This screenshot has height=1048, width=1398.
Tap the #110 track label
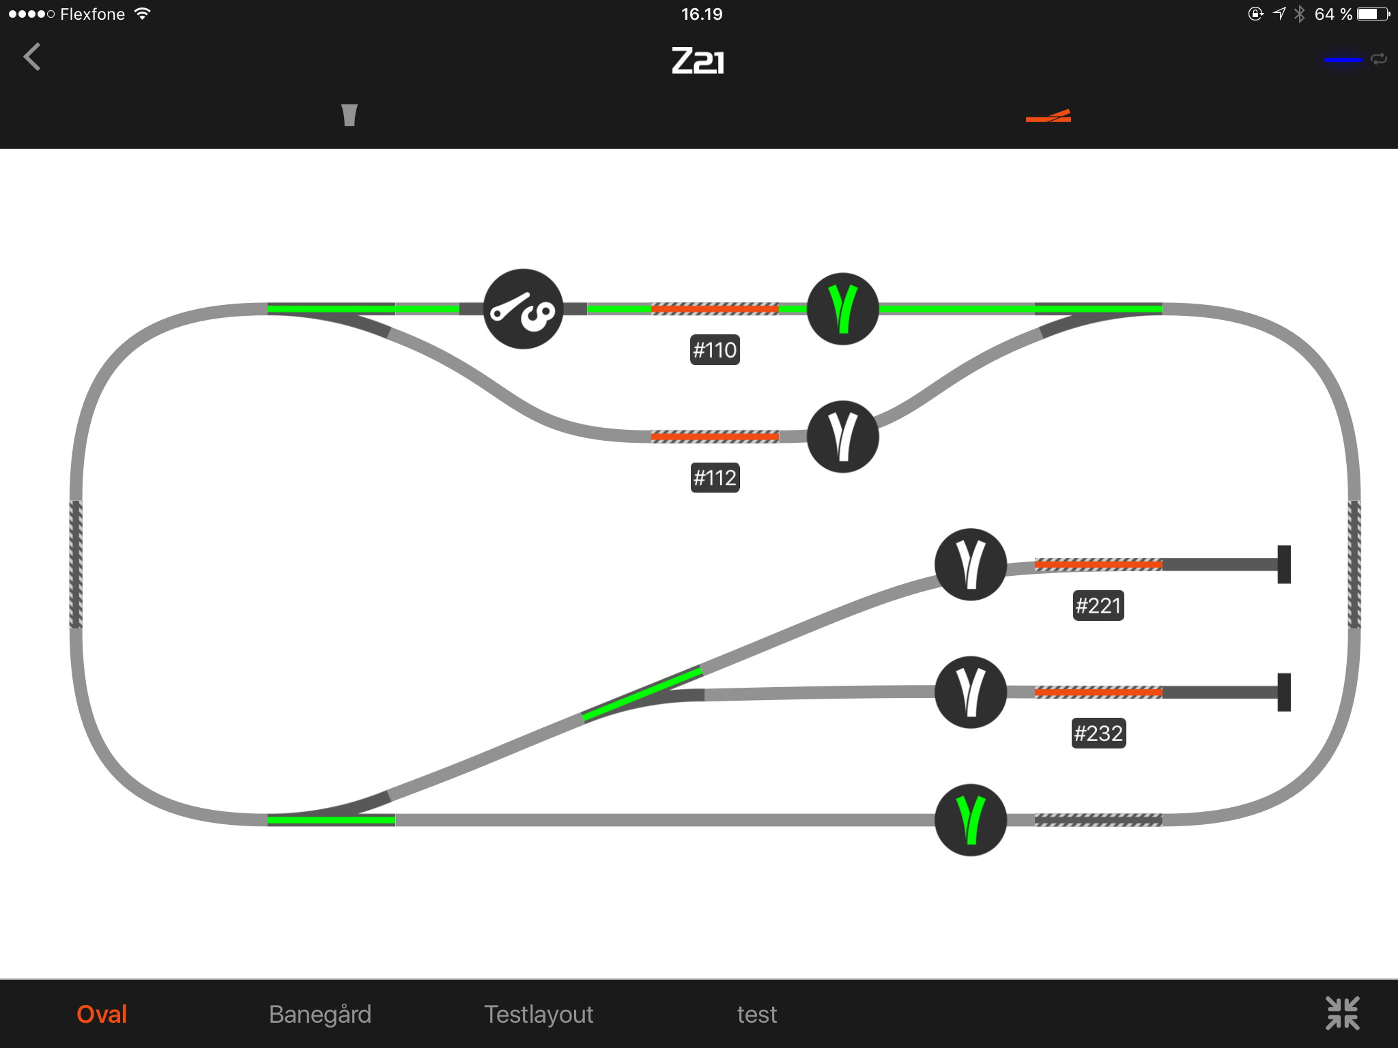click(715, 350)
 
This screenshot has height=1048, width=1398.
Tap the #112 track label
click(715, 478)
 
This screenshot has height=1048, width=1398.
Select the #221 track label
click(1098, 605)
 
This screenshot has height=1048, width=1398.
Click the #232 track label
click(1098, 733)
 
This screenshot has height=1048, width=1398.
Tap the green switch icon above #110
click(843, 309)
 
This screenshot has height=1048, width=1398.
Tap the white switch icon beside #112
click(843, 437)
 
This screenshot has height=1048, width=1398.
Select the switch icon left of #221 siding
click(971, 564)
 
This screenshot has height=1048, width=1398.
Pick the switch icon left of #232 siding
click(971, 692)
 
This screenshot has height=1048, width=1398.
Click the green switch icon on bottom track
click(971, 819)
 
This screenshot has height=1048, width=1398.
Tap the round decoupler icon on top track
click(524, 309)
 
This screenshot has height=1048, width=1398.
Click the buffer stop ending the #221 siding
click(1284, 564)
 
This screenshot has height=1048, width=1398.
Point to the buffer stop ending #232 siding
click(1284, 692)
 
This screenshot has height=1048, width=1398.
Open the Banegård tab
click(320, 1015)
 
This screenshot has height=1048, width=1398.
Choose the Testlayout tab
click(539, 1015)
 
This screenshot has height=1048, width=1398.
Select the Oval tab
click(102, 1015)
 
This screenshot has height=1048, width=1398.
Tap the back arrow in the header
click(32, 57)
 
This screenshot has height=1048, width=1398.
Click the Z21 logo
click(698, 61)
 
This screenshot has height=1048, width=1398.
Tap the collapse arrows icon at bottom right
click(1343, 1013)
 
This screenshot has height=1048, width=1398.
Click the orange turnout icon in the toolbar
click(1048, 116)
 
